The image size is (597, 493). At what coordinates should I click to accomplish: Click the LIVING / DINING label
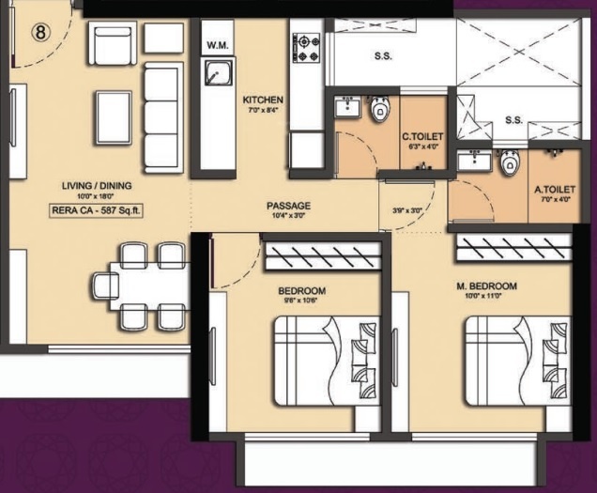97,185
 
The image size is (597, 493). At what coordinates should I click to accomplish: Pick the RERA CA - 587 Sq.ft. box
96,210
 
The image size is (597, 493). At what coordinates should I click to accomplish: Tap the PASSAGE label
288,206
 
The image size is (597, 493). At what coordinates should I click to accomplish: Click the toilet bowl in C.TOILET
379,112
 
